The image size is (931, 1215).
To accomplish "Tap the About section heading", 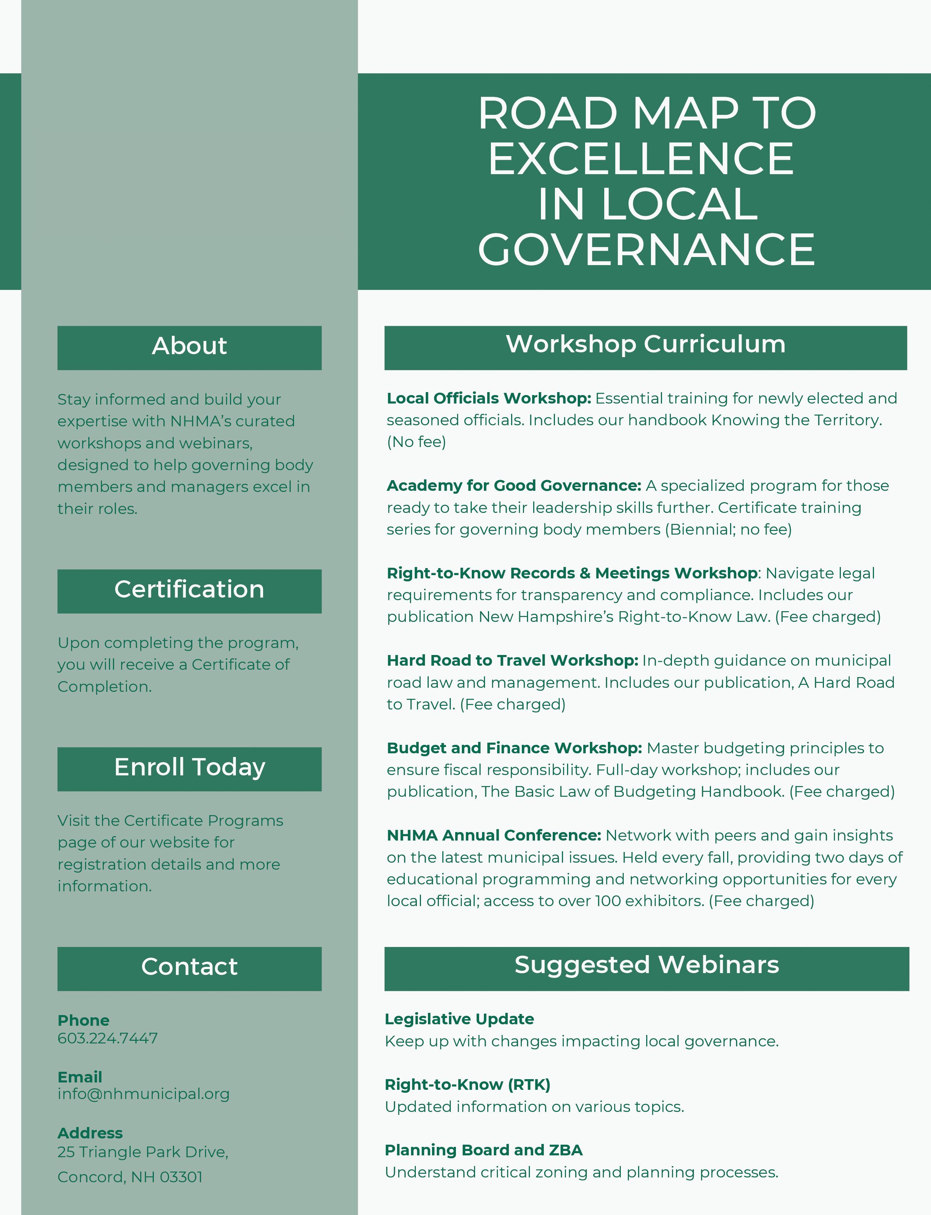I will (x=190, y=346).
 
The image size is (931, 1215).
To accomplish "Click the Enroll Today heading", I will (x=190, y=768).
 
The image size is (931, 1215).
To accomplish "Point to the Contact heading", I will (x=190, y=967).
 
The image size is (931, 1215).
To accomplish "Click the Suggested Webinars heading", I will (x=647, y=965).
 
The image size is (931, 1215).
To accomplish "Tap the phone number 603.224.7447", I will (x=107, y=1038).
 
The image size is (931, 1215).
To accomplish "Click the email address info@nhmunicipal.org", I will (x=143, y=1094).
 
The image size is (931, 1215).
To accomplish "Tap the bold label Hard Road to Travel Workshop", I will (x=513, y=661).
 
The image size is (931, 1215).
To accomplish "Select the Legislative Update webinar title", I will (x=459, y=1019).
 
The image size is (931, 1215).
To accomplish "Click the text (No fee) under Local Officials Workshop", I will (x=416, y=442).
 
